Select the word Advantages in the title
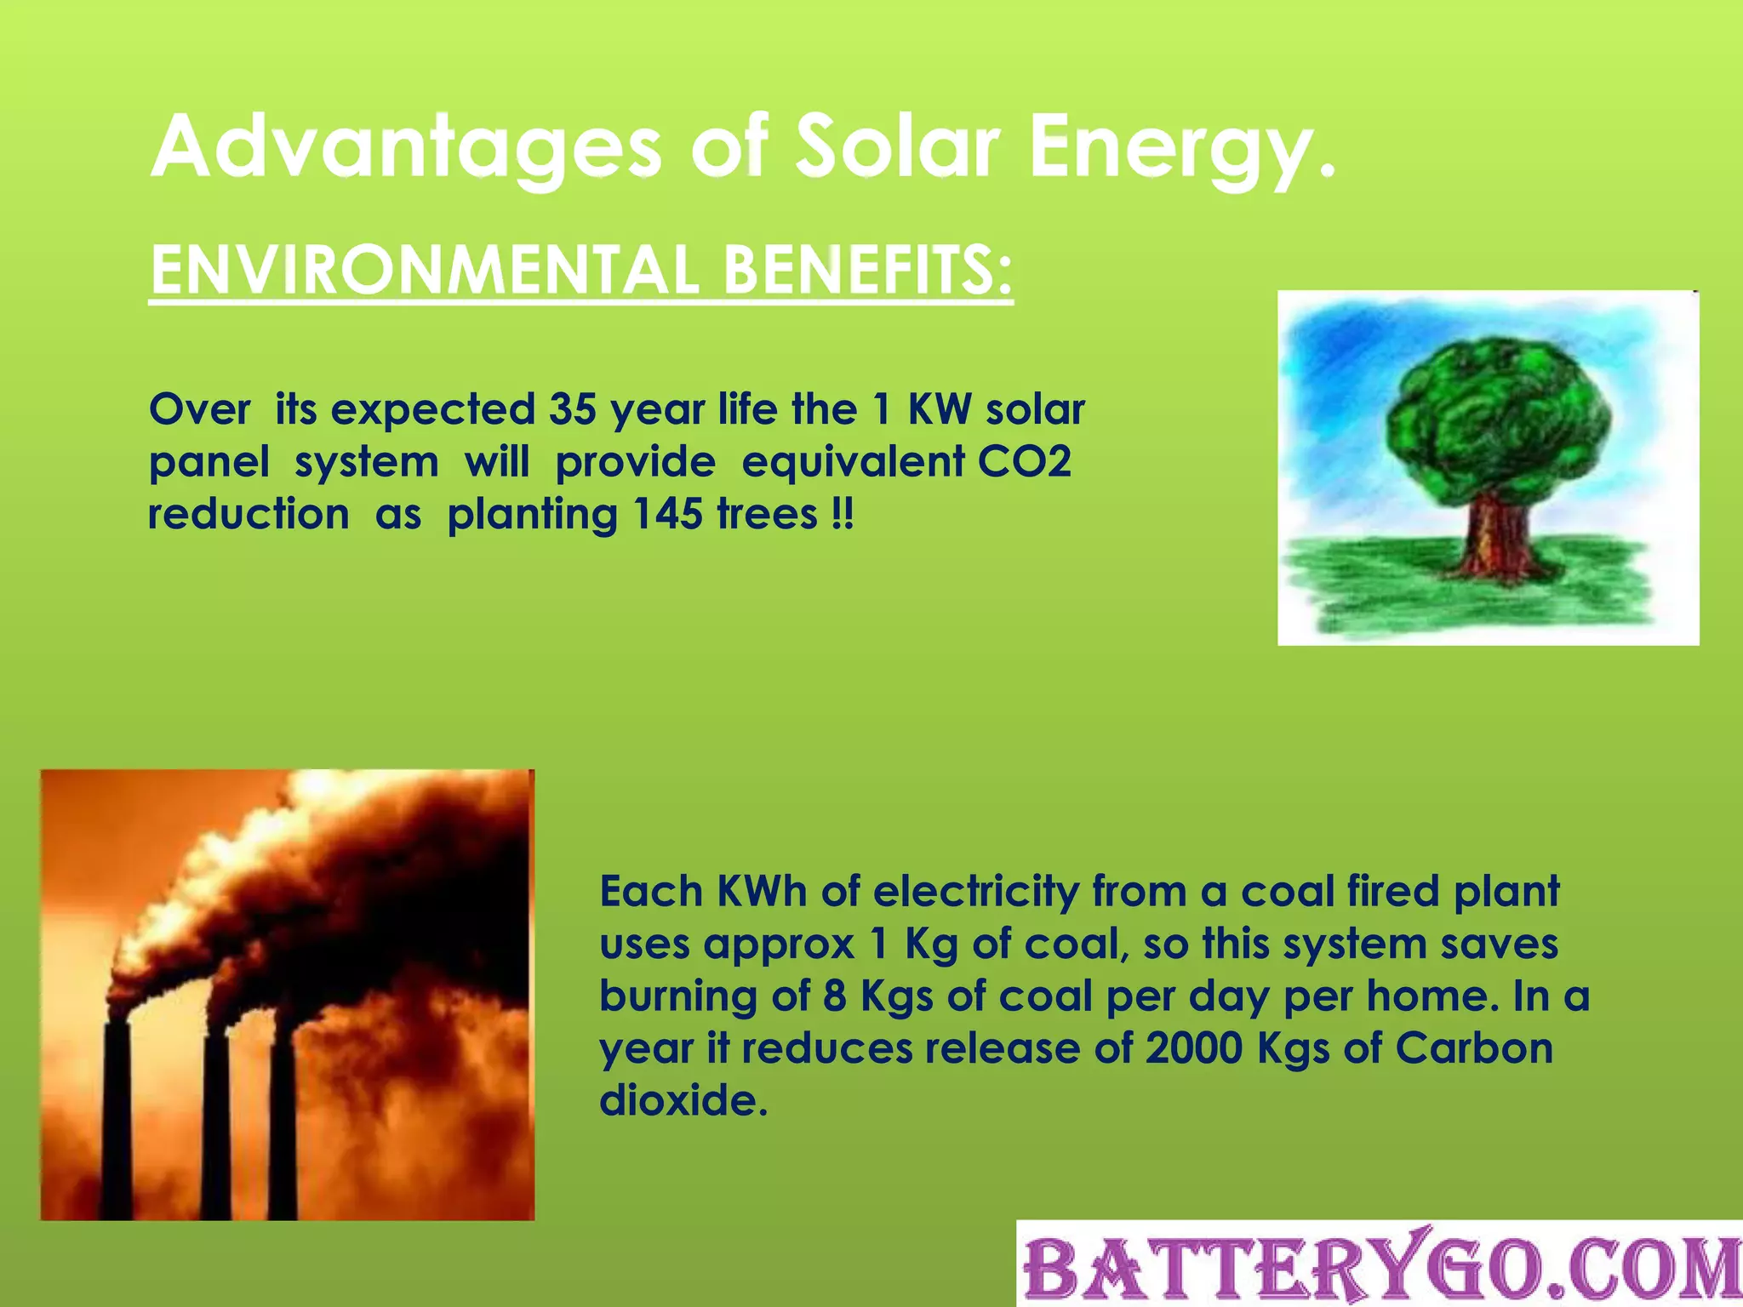pyautogui.click(x=405, y=150)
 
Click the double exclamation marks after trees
pyautogui.click(x=841, y=514)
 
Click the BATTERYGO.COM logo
pyautogui.click(x=1379, y=1265)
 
